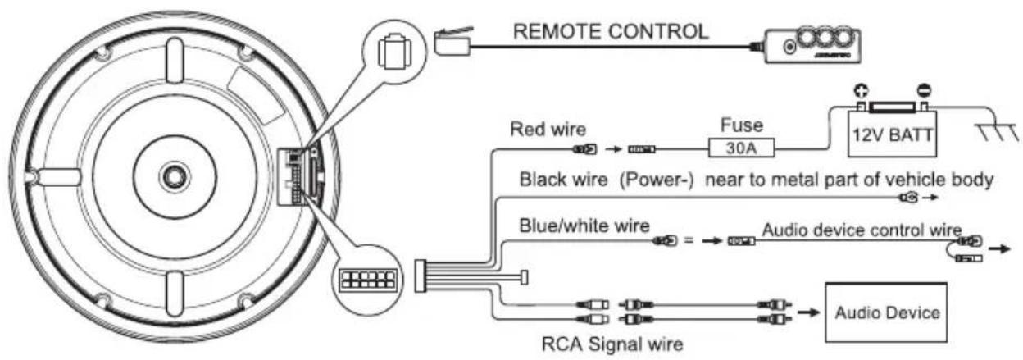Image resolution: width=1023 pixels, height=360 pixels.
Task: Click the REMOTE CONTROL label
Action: (611, 31)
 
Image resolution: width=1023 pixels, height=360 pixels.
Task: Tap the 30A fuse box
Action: (741, 148)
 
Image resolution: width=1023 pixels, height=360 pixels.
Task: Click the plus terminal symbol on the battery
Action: (861, 91)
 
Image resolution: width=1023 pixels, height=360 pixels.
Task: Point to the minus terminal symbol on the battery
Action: (924, 90)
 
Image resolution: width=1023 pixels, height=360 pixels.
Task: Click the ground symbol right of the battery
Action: (997, 131)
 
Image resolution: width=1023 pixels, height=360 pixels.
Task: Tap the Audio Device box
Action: (886, 312)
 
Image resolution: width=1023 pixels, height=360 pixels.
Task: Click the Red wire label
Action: (548, 130)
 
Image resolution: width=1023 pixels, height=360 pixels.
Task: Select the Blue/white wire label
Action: (584, 226)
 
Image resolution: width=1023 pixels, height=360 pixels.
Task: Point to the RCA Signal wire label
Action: (612, 344)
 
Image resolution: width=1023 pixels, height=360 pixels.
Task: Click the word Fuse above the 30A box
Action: (742, 125)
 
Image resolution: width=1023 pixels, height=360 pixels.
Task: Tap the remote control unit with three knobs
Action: (813, 45)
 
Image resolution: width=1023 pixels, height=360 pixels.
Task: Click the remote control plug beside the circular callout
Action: (452, 42)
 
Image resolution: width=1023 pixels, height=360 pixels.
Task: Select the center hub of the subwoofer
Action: (175, 176)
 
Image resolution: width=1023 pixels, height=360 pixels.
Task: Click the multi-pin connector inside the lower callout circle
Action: (367, 279)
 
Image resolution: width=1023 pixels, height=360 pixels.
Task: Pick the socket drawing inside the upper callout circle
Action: (394, 52)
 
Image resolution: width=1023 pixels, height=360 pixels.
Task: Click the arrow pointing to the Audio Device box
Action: (807, 312)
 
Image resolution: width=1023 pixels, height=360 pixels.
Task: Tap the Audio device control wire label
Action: (862, 230)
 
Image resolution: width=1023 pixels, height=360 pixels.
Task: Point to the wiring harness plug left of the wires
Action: (421, 276)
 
